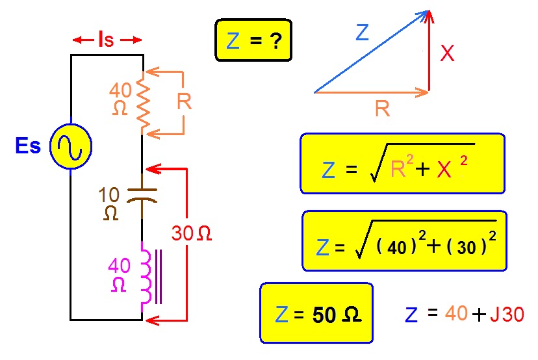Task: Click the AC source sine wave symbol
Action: coord(71,147)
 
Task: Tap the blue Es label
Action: coord(28,146)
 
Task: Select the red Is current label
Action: coord(106,39)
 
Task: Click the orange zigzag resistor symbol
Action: coord(144,102)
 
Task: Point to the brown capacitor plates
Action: coord(142,195)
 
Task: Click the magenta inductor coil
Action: coord(147,277)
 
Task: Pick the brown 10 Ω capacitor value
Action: coord(109,204)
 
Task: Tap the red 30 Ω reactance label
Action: coord(192,233)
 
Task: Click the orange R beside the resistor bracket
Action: coord(185,101)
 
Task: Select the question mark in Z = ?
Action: coord(275,41)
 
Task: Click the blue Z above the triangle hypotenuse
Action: coord(363,32)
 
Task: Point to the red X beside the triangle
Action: coord(447,53)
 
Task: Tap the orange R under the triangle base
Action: coord(383,109)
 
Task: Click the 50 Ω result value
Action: coord(337,314)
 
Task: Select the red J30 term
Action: coord(507,314)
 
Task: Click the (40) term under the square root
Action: coord(396,246)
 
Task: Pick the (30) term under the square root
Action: coord(467,246)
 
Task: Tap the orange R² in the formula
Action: coord(402,166)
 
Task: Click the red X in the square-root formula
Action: coord(444,169)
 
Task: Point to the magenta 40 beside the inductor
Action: coord(120,265)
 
